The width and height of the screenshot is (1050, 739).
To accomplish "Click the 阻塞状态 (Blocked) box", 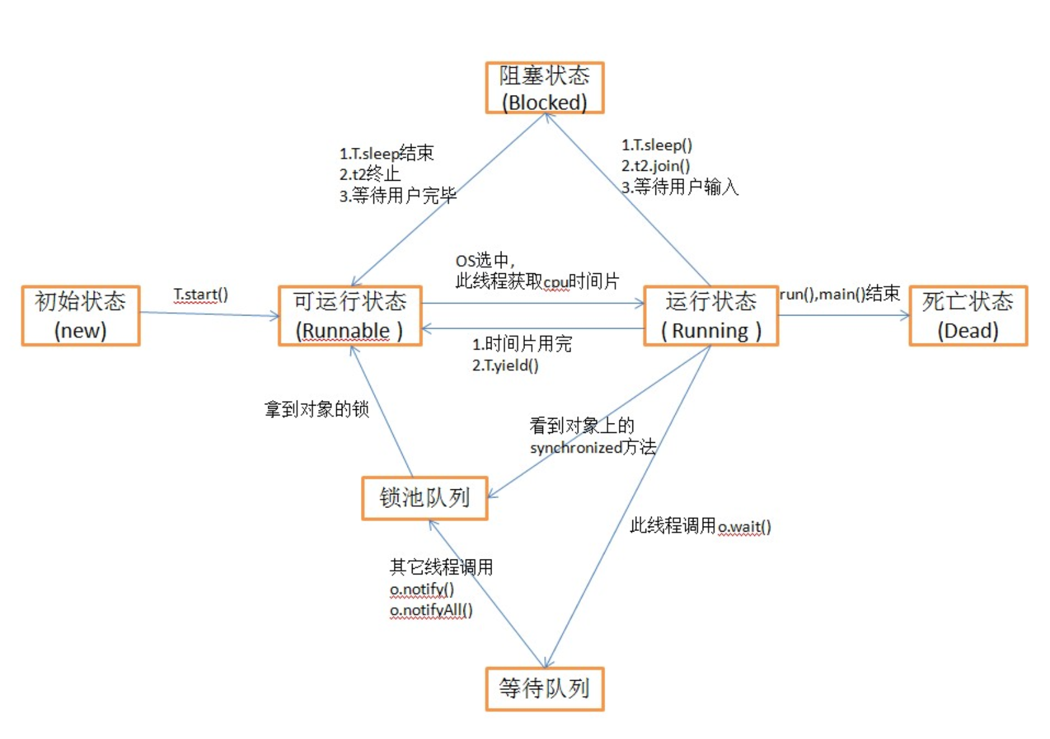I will pyautogui.click(x=544, y=88).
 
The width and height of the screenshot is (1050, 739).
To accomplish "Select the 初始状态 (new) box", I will pyautogui.click(x=81, y=315).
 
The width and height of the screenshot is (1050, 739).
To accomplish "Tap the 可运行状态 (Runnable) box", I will pyautogui.click(x=350, y=315).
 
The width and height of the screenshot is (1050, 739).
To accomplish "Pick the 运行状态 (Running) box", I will pyautogui.click(x=711, y=315).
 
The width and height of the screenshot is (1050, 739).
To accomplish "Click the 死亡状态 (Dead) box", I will pyautogui.click(x=967, y=315).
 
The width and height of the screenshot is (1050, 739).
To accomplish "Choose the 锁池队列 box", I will pyautogui.click(x=425, y=498).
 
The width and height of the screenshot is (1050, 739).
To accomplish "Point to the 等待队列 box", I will pyautogui.click(x=544, y=688).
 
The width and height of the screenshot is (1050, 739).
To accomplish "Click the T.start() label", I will pyautogui.click(x=201, y=294).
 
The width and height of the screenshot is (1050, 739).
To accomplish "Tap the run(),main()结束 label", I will pyautogui.click(x=839, y=294).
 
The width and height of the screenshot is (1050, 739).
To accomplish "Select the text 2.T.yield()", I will pyautogui.click(x=505, y=365).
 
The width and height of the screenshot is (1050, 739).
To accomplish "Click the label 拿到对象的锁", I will pyautogui.click(x=317, y=409).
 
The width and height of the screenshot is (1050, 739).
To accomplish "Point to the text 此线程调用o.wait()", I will pyautogui.click(x=700, y=527).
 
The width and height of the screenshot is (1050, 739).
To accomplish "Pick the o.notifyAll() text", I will pyautogui.click(x=431, y=610).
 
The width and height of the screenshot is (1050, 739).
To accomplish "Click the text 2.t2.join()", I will pyautogui.click(x=655, y=166).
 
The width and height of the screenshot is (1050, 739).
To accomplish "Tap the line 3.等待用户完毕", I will pyautogui.click(x=398, y=196).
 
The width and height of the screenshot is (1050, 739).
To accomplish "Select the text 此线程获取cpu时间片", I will pyautogui.click(x=537, y=281).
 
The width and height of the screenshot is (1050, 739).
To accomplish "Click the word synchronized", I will pyautogui.click(x=576, y=448).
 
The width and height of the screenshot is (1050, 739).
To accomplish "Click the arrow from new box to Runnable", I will pyautogui.click(x=209, y=314).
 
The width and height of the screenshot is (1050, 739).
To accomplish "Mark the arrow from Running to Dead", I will pyautogui.click(x=844, y=315).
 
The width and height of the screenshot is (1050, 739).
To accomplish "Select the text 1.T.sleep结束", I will pyautogui.click(x=386, y=153).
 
